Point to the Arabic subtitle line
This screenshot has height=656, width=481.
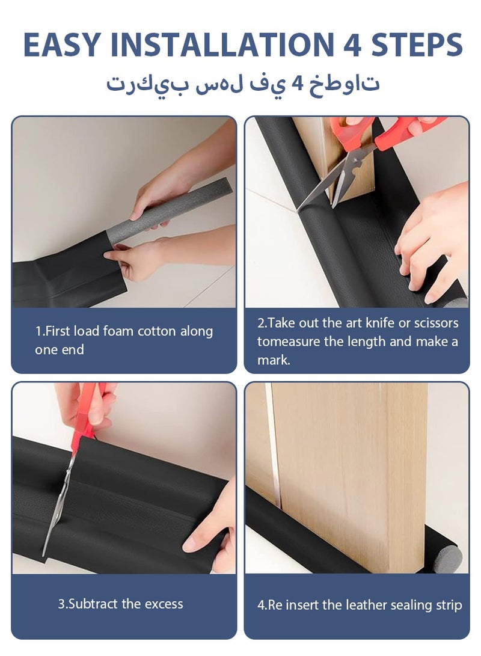tap(243, 83)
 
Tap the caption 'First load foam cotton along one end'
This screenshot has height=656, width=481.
tap(123, 340)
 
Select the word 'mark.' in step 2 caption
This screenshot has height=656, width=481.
tap(274, 361)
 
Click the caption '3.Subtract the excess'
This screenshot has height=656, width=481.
tap(120, 604)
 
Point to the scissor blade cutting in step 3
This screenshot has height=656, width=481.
tap(57, 505)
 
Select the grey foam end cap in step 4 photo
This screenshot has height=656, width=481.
tap(448, 558)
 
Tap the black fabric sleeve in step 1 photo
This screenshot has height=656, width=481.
tap(66, 271)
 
